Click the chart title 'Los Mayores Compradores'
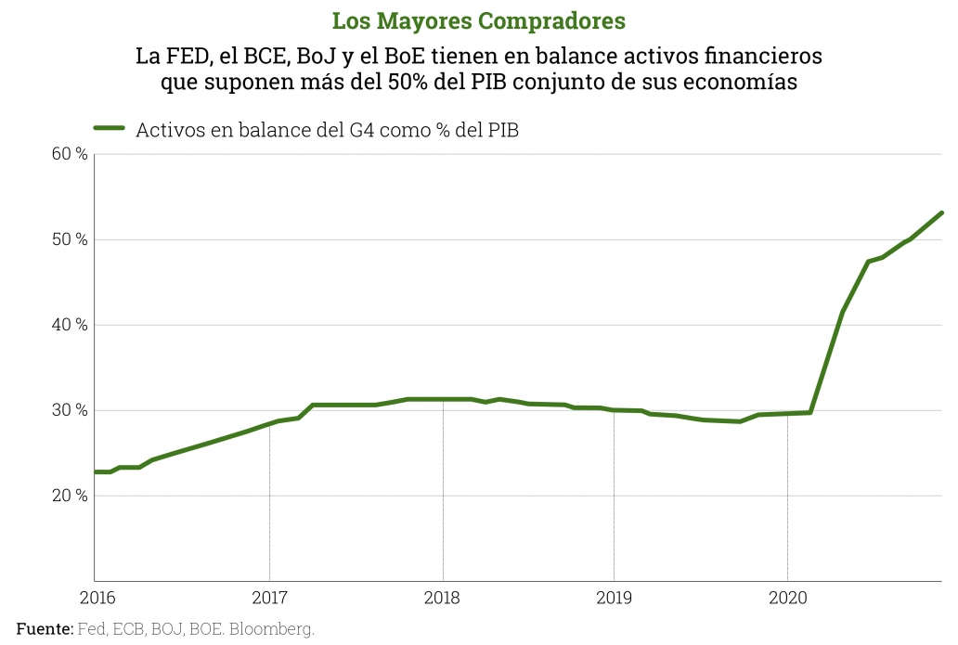pyautogui.click(x=479, y=20)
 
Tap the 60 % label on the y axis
pyautogui.click(x=70, y=154)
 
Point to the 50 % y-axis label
pyautogui.click(x=70, y=239)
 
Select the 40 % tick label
pyautogui.click(x=70, y=325)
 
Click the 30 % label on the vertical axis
pyautogui.click(x=70, y=410)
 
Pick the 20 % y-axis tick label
pyautogui.click(x=70, y=496)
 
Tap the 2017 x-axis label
pyautogui.click(x=269, y=598)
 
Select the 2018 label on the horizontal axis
pyautogui.click(x=443, y=598)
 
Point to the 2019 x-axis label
pyautogui.click(x=614, y=598)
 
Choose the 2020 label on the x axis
pyautogui.click(x=787, y=598)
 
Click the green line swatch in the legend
pyautogui.click(x=110, y=129)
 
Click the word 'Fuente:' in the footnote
pyautogui.click(x=45, y=628)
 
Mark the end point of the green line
pyautogui.click(x=942, y=213)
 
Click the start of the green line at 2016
pyautogui.click(x=96, y=471)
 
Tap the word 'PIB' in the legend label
pyautogui.click(x=499, y=130)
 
